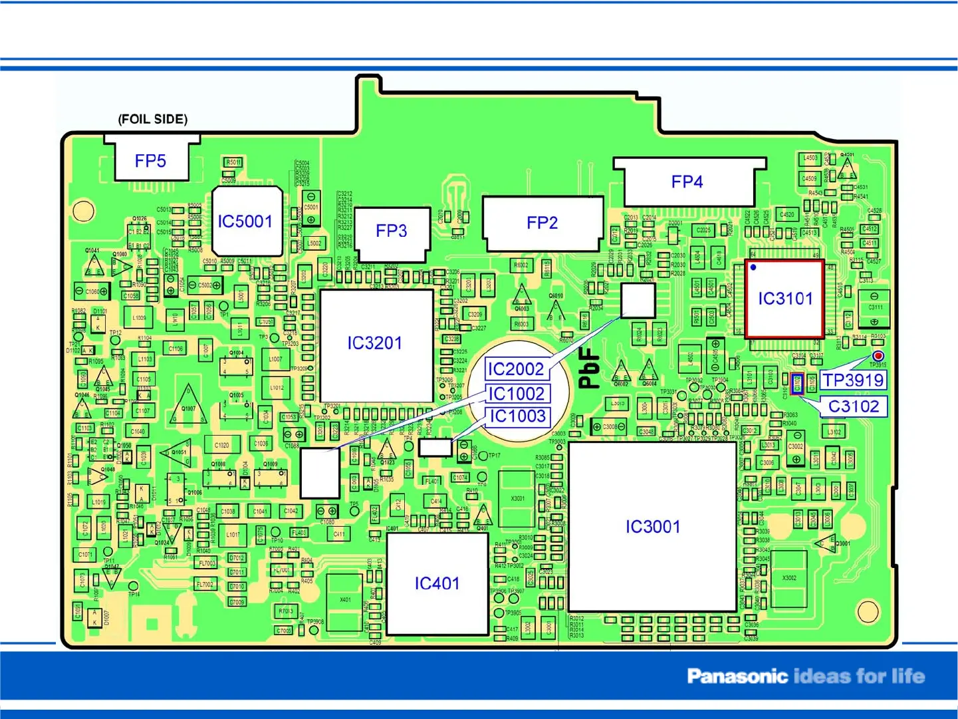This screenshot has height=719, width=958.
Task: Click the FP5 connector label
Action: coord(150,161)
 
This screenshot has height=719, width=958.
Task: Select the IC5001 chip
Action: coord(245,221)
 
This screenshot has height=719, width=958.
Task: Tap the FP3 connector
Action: coord(391,231)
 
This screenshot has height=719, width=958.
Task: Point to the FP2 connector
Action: coord(542,223)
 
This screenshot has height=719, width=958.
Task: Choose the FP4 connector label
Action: coord(687,182)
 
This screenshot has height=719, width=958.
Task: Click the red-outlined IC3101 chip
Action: coord(784,299)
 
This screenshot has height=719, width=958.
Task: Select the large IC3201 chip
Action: coord(375,343)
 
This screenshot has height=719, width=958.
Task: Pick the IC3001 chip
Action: coord(653,527)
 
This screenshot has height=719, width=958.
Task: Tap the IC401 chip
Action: coord(437,583)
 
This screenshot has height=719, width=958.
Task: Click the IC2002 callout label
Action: coord(516,369)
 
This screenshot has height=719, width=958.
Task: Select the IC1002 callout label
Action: coord(517,394)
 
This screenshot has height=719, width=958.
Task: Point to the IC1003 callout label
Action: coord(517,416)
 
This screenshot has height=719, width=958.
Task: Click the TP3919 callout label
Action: coord(854,380)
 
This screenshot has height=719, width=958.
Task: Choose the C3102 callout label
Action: coord(854,406)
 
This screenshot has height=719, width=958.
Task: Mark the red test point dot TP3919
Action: coord(878,357)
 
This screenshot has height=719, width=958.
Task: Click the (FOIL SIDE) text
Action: coord(153,119)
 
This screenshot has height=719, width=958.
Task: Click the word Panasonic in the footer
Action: coord(737,676)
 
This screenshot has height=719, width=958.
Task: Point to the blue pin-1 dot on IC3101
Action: coord(753,267)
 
